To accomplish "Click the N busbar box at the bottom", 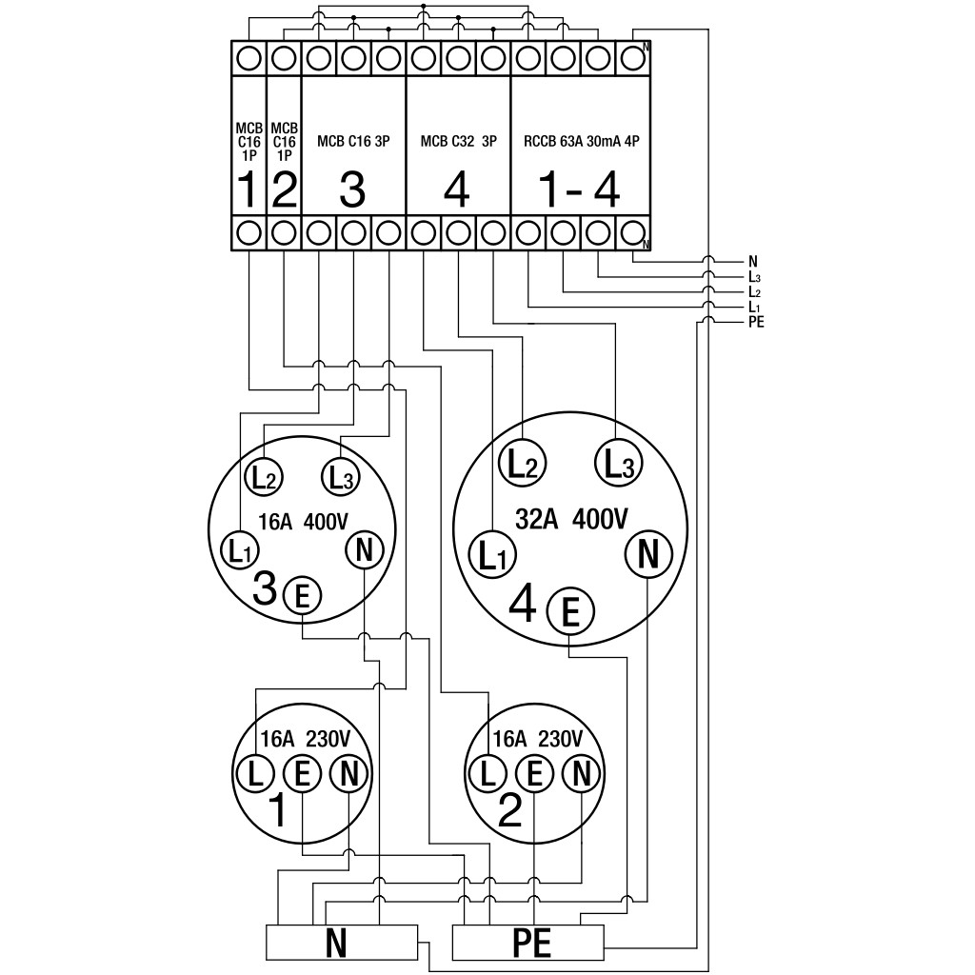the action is [342, 942].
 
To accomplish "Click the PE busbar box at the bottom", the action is [527, 942].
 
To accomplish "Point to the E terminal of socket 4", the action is [570, 612].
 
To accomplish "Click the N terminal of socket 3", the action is [365, 550].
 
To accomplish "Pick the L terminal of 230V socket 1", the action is [255, 774].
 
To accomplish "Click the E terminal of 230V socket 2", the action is [534, 774].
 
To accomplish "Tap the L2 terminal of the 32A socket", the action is [523, 465].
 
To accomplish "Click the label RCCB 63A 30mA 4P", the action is [582, 141].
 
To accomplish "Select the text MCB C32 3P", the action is [459, 141].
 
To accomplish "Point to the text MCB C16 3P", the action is [353, 141].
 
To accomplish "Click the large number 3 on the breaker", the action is [352, 189].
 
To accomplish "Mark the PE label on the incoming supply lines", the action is [757, 322].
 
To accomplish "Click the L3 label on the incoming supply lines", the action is [755, 277].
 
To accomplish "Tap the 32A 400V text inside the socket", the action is [571, 519].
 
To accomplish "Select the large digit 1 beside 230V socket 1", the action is [278, 811].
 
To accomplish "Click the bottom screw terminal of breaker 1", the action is [249, 233].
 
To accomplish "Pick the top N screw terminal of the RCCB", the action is [632, 58].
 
